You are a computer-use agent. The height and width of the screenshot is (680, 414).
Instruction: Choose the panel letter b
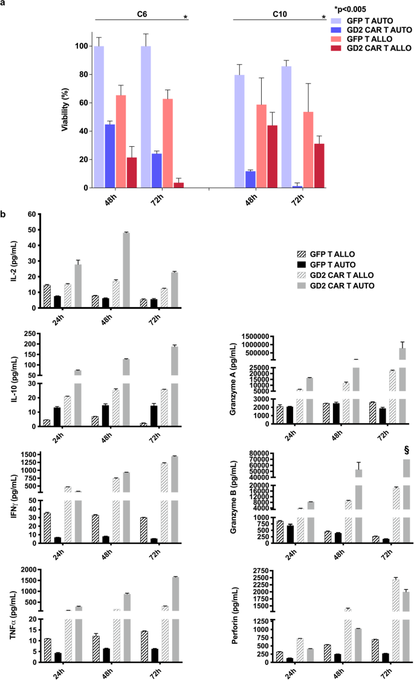tap(5, 215)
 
